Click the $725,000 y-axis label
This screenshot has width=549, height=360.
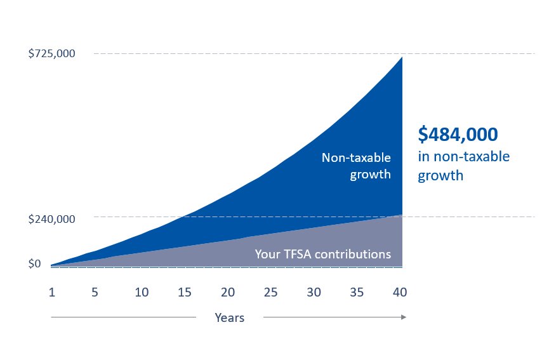click(52, 54)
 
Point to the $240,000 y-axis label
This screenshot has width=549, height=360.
click(52, 219)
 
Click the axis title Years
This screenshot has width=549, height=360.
click(229, 317)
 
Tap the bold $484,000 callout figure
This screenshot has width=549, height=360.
click(458, 135)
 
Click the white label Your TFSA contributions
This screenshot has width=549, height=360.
click(322, 254)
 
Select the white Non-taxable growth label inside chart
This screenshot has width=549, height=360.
click(356, 166)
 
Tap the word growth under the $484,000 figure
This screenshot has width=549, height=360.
click(440, 176)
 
